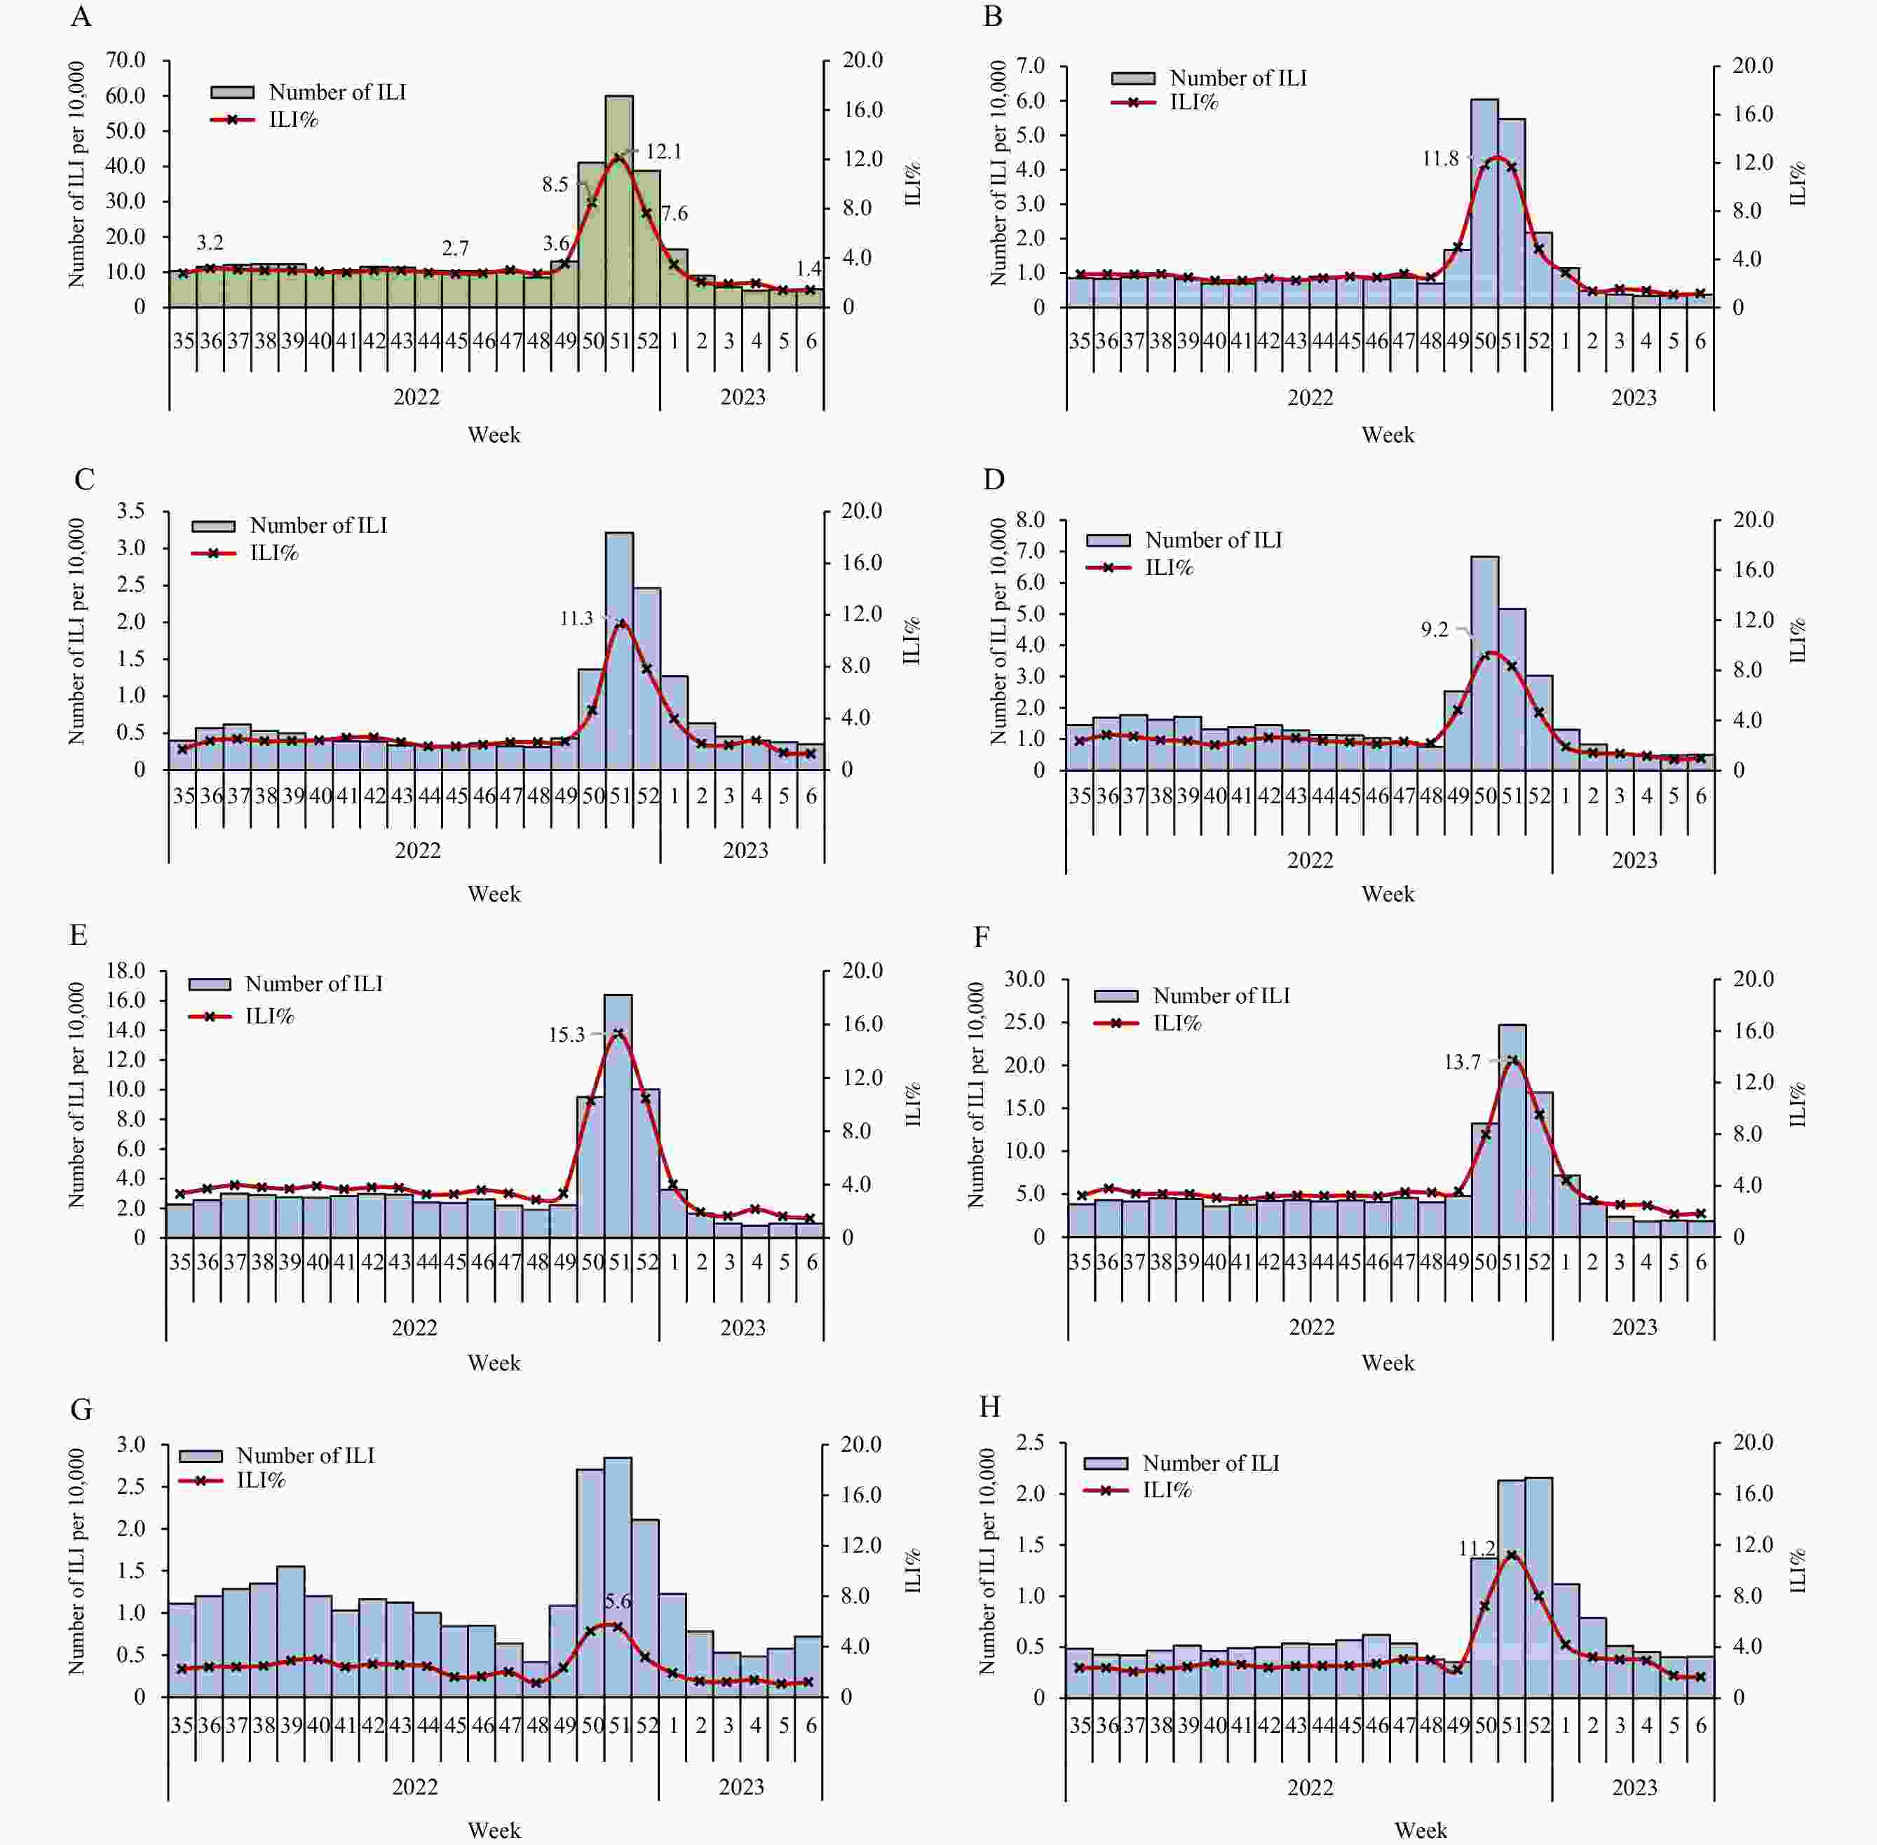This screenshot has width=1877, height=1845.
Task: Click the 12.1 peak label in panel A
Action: [664, 152]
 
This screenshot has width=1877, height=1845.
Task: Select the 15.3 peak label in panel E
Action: [567, 1035]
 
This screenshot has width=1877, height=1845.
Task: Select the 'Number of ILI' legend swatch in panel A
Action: [233, 92]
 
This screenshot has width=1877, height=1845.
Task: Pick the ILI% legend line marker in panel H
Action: [1106, 1490]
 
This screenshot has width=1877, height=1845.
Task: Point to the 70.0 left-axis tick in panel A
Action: [126, 60]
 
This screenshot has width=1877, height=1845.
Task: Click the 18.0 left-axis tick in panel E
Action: [126, 971]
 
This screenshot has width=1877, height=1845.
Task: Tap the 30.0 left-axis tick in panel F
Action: [1025, 979]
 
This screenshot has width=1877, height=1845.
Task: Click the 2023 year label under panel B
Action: [1634, 397]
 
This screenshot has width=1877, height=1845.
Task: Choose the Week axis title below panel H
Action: [1421, 1830]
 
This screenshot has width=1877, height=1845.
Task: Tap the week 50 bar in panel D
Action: [1484, 664]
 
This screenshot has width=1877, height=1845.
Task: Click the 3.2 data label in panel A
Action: [210, 243]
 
